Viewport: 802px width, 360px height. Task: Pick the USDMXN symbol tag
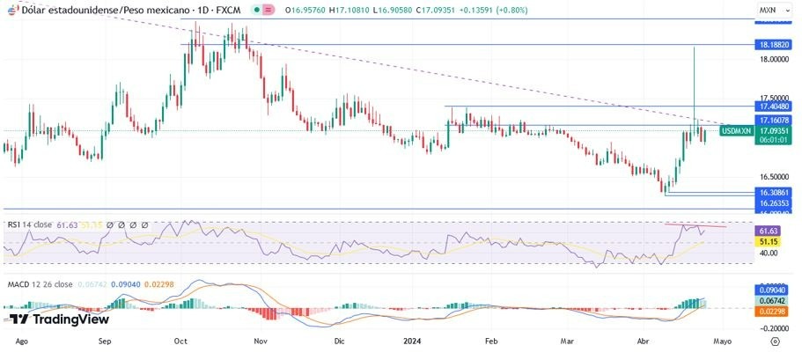[x=736, y=130]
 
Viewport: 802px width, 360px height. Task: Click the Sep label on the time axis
[x=105, y=340]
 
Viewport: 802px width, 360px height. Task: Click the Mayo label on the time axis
[x=722, y=340]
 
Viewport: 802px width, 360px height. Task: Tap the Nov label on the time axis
[x=261, y=340]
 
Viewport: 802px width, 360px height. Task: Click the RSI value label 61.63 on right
[x=768, y=230]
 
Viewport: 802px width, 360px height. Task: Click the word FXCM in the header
[x=231, y=9]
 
